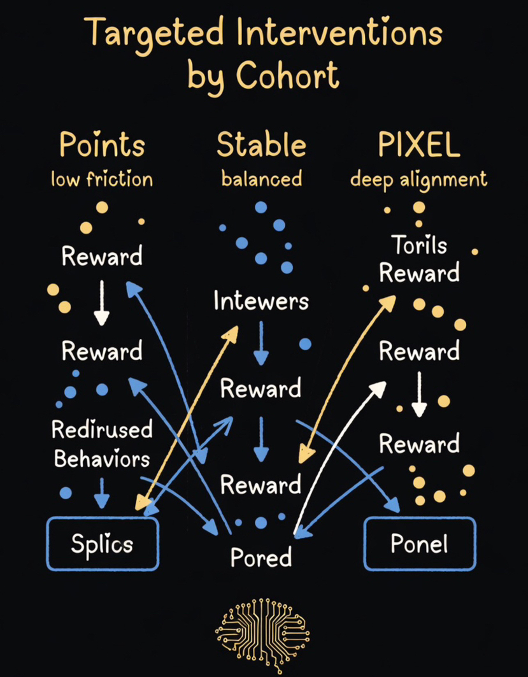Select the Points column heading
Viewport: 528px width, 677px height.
click(102, 146)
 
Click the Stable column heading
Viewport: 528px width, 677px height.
click(261, 146)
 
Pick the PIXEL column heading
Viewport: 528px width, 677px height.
click(418, 146)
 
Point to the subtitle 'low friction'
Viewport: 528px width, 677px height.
click(102, 179)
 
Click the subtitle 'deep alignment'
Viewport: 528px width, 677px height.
click(418, 179)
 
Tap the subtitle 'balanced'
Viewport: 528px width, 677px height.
click(261, 179)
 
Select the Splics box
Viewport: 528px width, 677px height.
click(102, 543)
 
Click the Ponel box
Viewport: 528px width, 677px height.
click(419, 543)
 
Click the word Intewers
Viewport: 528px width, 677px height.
click(261, 301)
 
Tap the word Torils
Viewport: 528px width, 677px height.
click(418, 245)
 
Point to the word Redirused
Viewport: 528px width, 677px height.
click(102, 430)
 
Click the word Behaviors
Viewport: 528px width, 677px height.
click(102, 459)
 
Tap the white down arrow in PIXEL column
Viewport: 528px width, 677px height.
click(418, 394)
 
